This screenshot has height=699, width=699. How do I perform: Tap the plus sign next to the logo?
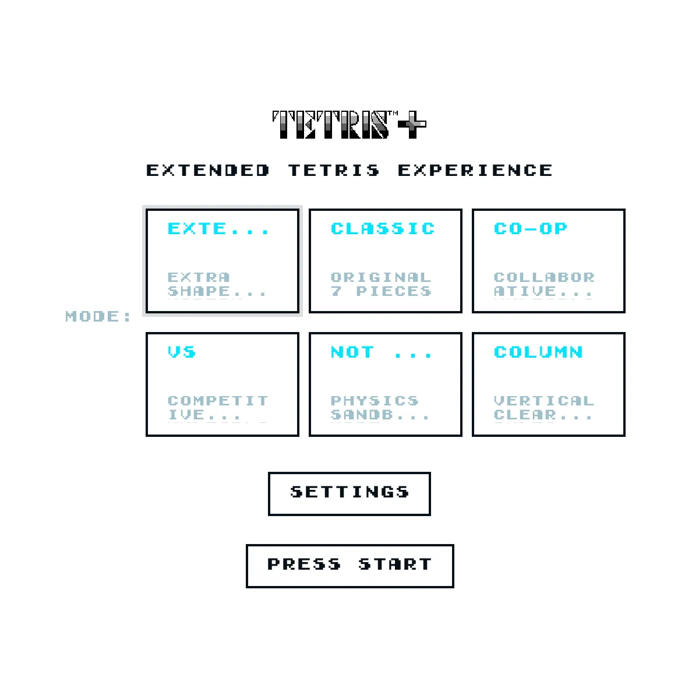tap(412, 125)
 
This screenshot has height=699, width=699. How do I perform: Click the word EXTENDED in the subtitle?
tap(207, 170)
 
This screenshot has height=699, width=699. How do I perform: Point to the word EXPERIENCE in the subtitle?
tap(475, 170)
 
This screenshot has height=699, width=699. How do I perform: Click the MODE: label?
tap(98, 316)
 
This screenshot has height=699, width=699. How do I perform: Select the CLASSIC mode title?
tap(383, 228)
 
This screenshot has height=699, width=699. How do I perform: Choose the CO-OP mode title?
tap(530, 228)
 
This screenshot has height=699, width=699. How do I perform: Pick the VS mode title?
tap(182, 352)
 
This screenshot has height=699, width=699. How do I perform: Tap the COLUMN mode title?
tap(538, 352)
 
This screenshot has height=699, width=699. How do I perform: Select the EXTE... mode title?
tap(218, 228)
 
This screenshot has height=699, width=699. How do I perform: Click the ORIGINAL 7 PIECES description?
tap(381, 284)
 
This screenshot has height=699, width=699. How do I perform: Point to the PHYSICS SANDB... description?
tap(380, 408)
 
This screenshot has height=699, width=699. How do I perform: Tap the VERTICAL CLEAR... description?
tap(543, 408)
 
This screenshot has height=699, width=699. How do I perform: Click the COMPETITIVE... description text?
tap(218, 408)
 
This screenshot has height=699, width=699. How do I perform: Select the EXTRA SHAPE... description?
tap(217, 284)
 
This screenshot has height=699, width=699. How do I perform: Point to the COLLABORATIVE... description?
tap(543, 284)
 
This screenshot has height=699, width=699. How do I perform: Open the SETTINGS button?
tap(349, 494)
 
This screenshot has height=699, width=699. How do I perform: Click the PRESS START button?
tap(349, 566)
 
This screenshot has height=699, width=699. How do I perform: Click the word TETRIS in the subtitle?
tap(334, 170)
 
